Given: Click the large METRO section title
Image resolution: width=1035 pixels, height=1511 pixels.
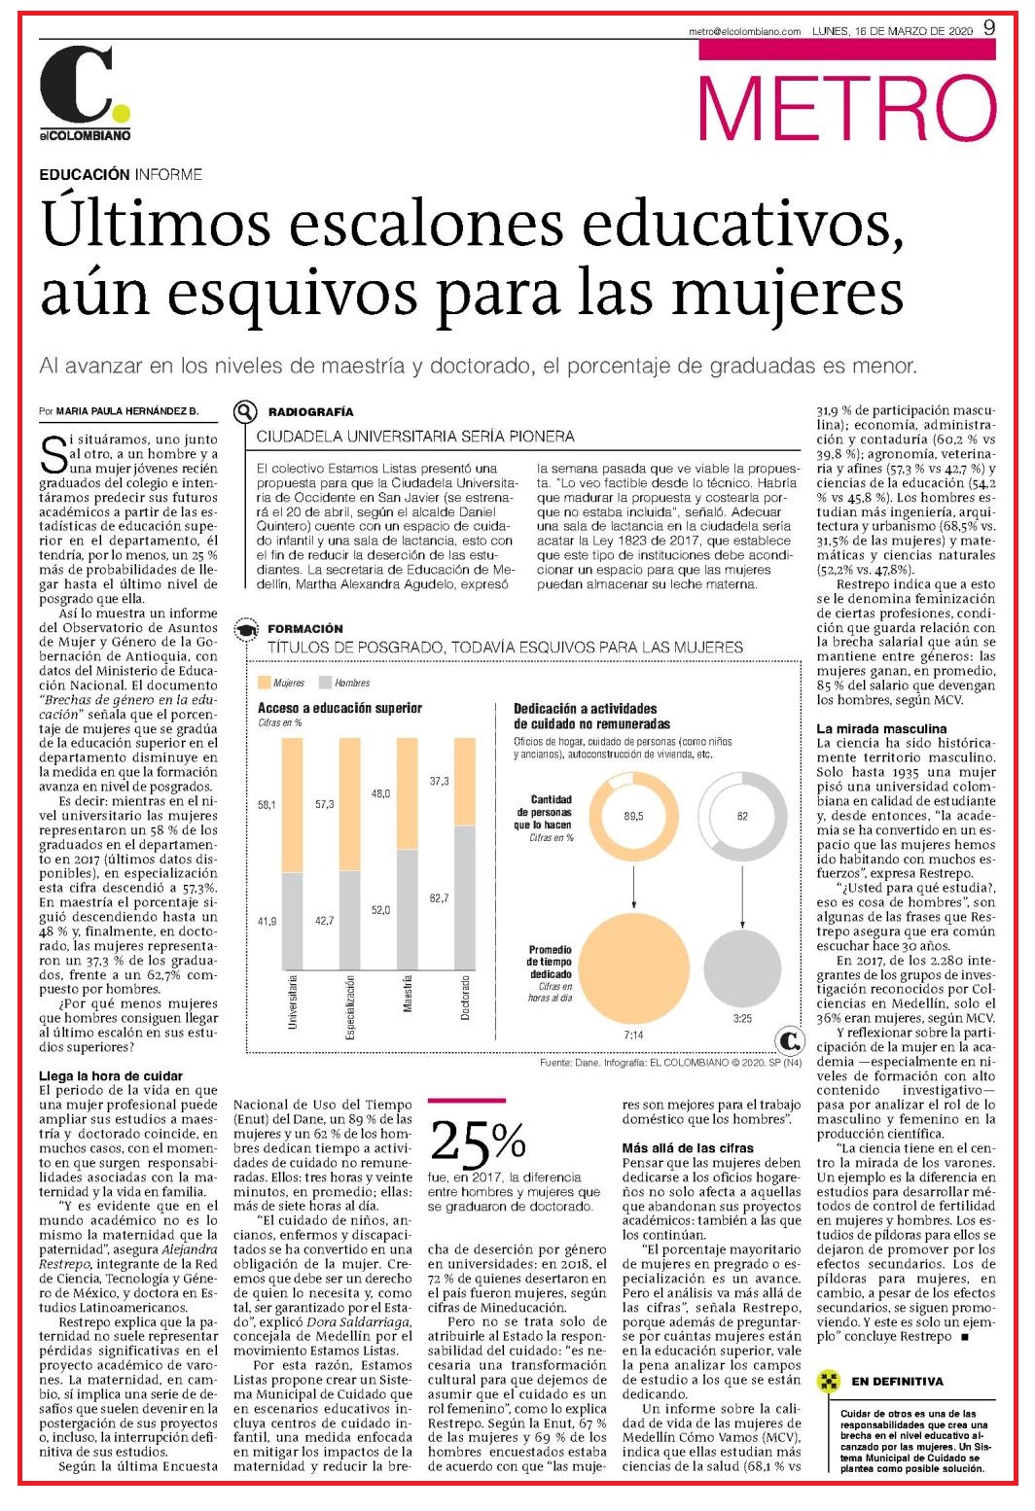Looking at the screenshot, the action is pos(846,109).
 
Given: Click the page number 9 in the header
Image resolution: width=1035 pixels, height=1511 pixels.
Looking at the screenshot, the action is pos(989,27).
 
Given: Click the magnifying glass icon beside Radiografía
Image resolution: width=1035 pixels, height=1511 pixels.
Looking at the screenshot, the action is pos(245,411).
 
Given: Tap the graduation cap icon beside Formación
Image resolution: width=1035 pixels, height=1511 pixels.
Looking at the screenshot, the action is pos(245,629).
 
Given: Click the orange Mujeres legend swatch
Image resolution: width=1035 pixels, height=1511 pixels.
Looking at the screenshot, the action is pos(264,682).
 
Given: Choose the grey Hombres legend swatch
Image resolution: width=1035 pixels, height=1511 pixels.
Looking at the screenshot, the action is pos(325,682).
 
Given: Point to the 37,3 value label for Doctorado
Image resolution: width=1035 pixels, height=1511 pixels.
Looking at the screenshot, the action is pos(439,781).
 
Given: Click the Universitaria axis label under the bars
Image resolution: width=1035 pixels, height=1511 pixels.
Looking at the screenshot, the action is pos(292,1001).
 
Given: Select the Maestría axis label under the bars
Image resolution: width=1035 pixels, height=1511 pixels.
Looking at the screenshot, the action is pos(407,993).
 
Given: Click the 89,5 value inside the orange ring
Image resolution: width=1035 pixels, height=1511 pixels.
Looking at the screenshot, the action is pos(633,816).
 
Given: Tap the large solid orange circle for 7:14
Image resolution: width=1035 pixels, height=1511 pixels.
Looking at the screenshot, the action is pos(633,968).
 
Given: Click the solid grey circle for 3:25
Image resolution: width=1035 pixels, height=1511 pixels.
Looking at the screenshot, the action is pos(742,968).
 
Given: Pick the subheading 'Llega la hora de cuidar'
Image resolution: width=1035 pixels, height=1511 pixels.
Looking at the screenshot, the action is pos(111,1075).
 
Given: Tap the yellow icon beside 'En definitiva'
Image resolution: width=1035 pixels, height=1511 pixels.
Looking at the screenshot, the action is pos(828,1381).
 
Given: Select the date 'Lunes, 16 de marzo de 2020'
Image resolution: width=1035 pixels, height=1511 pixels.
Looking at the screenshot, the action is pos(892,31).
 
